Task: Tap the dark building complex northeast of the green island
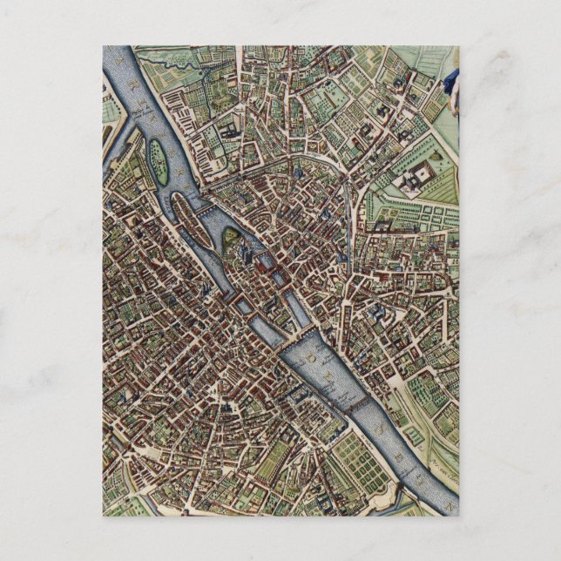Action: [x=228, y=131]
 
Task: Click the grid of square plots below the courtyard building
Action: [x=409, y=213]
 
